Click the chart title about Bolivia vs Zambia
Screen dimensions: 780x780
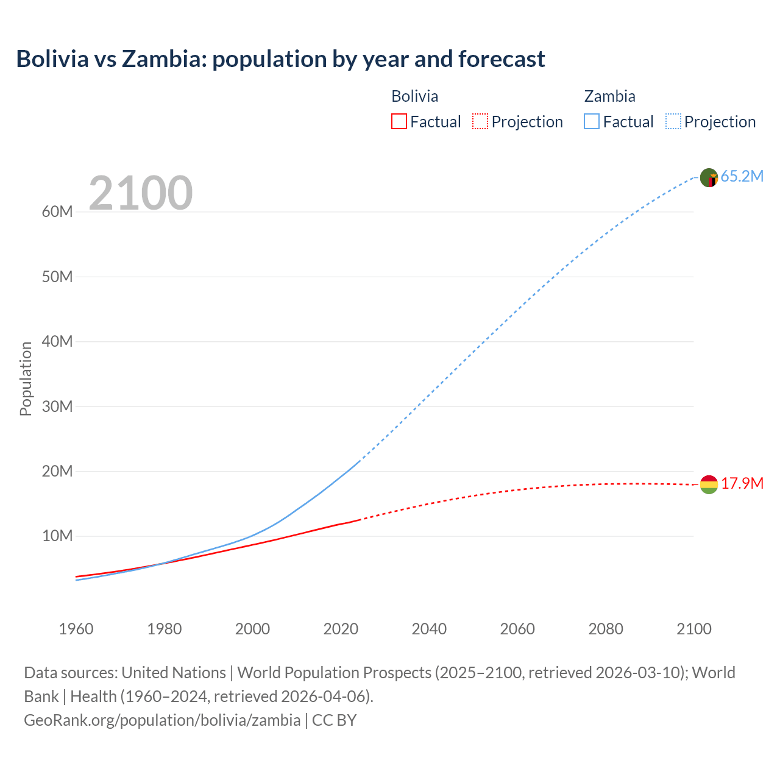280,59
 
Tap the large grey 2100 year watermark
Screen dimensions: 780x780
141,193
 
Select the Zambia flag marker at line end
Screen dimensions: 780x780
709,178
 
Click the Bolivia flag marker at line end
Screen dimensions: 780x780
709,484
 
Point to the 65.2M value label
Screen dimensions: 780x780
742,177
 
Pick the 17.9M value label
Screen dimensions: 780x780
742,484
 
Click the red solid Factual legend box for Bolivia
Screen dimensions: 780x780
399,121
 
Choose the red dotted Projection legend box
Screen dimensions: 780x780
480,121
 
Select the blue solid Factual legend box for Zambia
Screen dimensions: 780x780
591,121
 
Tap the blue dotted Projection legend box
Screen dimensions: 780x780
673,121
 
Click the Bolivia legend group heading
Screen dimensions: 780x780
414,96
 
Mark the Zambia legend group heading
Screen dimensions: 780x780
609,96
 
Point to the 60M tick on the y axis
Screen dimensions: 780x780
57,212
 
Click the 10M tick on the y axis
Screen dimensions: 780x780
57,536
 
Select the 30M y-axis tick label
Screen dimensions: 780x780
57,406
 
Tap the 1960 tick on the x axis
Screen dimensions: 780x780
76,629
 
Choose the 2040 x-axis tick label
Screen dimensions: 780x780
429,629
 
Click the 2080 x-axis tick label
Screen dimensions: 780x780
606,629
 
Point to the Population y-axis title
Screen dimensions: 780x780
26,378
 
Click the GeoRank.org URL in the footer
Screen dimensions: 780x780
162,720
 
